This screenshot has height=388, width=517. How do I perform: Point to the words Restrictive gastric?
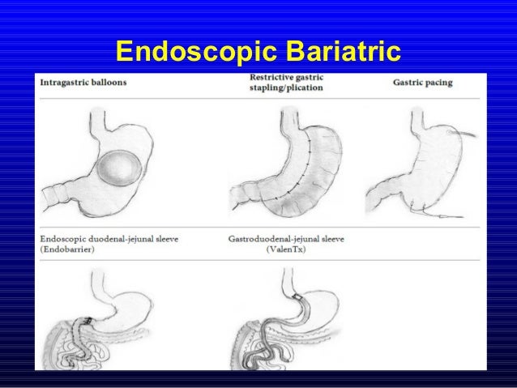tap(286, 78)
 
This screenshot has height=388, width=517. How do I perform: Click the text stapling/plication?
tap(284, 87)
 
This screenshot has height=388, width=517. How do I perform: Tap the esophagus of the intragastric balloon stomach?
tap(96, 122)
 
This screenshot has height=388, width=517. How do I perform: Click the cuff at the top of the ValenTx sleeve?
tap(299, 297)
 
